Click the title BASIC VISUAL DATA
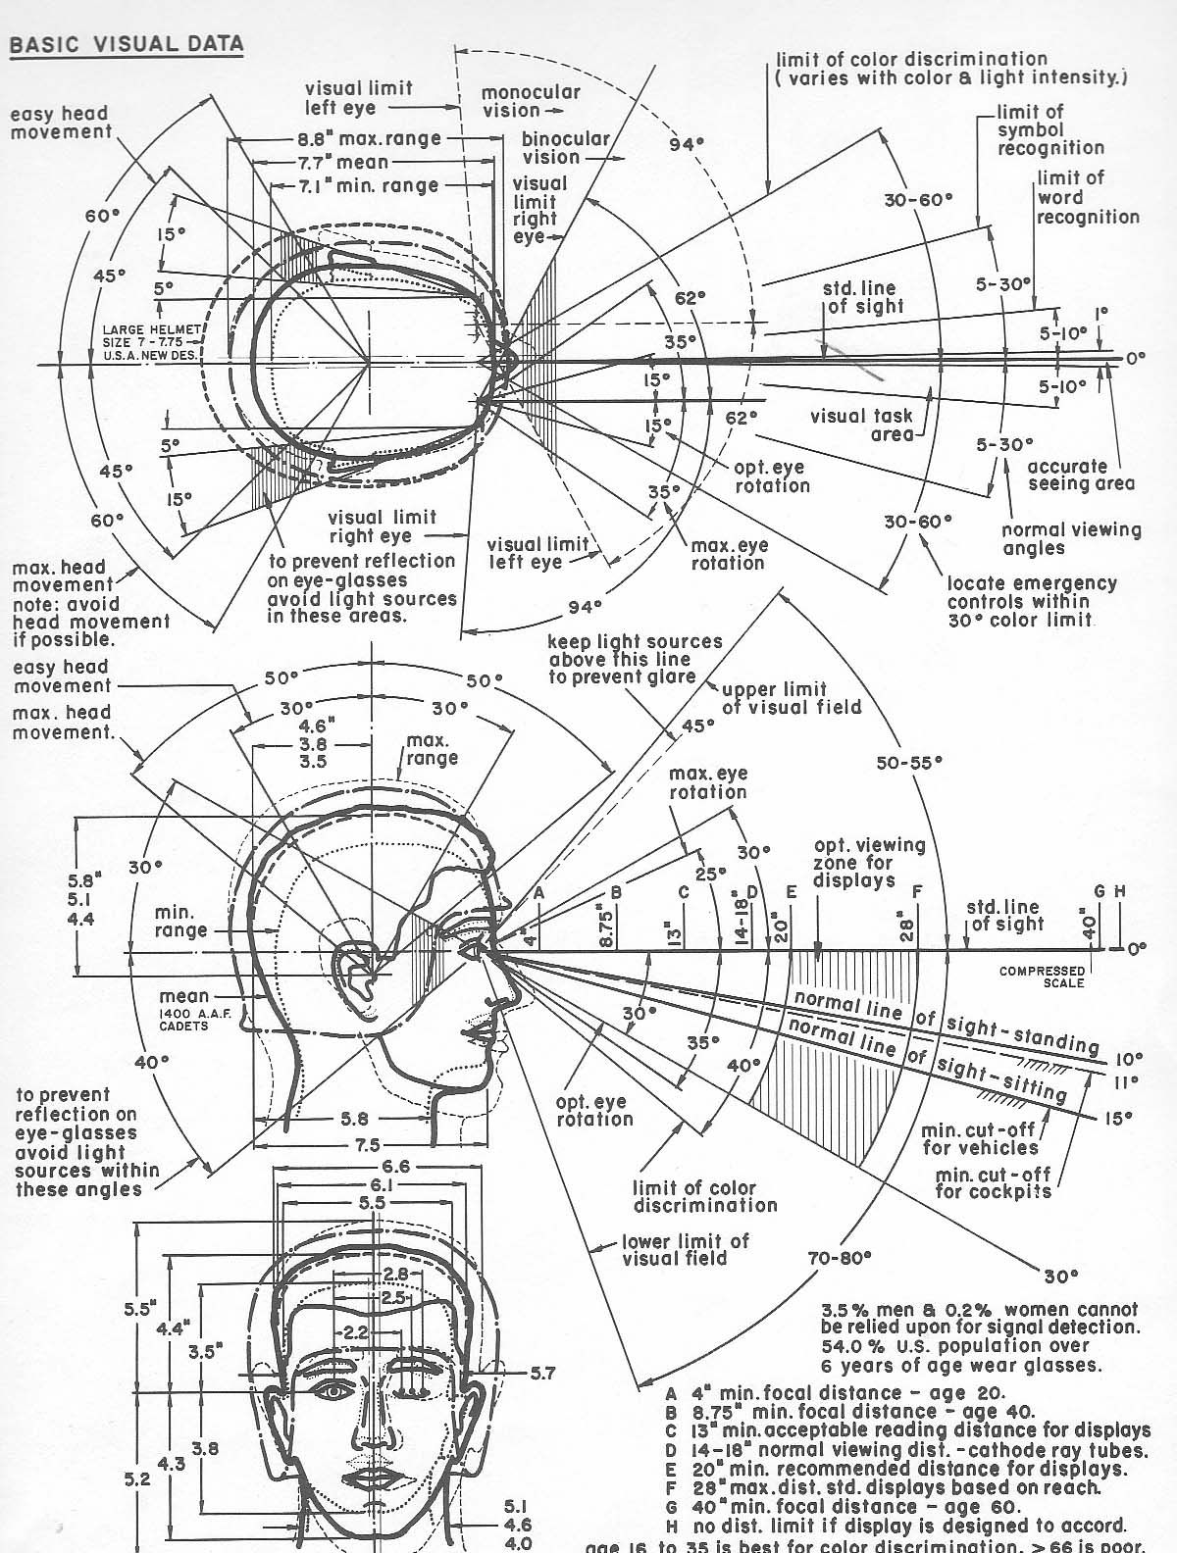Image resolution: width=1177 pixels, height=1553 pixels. (x=126, y=44)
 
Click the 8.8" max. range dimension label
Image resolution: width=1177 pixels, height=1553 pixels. (x=370, y=139)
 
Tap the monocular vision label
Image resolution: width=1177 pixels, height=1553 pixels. (x=531, y=101)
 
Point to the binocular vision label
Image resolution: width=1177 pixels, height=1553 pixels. (x=565, y=148)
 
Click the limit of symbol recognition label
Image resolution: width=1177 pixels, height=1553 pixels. (x=1050, y=129)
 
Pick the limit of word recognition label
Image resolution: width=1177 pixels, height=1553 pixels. (x=1087, y=197)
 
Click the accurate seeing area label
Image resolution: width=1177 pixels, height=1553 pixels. (x=1080, y=475)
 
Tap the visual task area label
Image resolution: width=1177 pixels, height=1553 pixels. (x=861, y=424)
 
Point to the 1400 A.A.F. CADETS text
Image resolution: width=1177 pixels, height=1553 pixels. (x=184, y=1020)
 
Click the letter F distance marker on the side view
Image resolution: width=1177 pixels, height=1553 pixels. (x=917, y=892)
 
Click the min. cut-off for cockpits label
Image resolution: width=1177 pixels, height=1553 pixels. (x=992, y=1182)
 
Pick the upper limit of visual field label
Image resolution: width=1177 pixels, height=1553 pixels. (x=791, y=697)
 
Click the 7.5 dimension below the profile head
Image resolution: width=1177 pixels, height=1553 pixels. (x=369, y=1144)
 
